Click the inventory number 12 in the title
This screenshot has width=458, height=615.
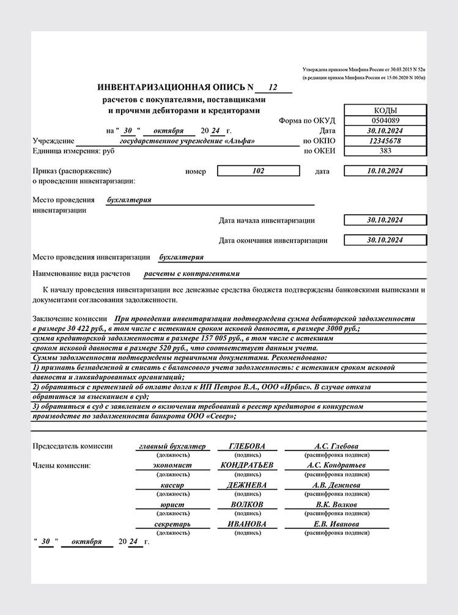pos(273,88)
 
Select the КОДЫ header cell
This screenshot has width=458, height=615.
pos(385,110)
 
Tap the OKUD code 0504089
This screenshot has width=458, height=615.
pos(385,121)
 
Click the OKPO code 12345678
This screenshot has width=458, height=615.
pos(385,140)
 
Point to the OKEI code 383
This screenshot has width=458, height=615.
pos(385,150)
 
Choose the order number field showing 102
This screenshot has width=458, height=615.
pos(258,171)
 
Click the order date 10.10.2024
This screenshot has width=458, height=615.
pos(385,171)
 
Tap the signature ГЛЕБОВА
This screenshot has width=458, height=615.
pos(247,446)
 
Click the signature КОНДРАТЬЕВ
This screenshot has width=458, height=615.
pos(247,465)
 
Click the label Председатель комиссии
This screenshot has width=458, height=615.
pos(72,446)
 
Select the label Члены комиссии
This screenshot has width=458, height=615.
pos(61,466)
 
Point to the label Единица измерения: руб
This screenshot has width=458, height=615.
pos(74,150)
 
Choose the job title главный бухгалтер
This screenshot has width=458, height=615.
pos(172,446)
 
